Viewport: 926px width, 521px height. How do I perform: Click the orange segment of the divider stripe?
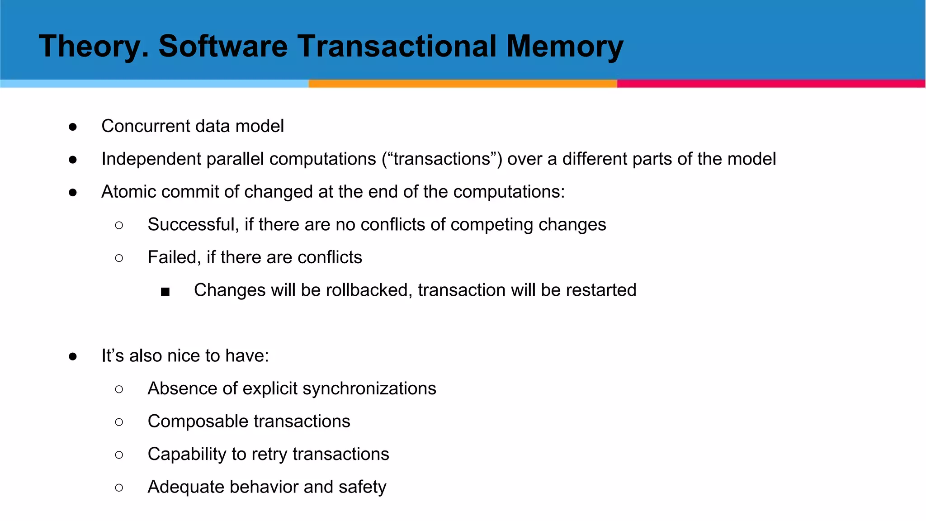coord(463,84)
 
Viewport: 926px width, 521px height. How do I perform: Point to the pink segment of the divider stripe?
coord(771,84)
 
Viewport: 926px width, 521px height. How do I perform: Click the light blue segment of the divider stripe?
coord(154,84)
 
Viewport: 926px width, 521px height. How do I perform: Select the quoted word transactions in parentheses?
coord(442,159)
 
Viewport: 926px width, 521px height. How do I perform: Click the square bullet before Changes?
coord(165,292)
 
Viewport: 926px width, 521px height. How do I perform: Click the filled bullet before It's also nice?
coord(73,357)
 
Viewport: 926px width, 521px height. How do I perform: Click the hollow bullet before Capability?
coord(119,455)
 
